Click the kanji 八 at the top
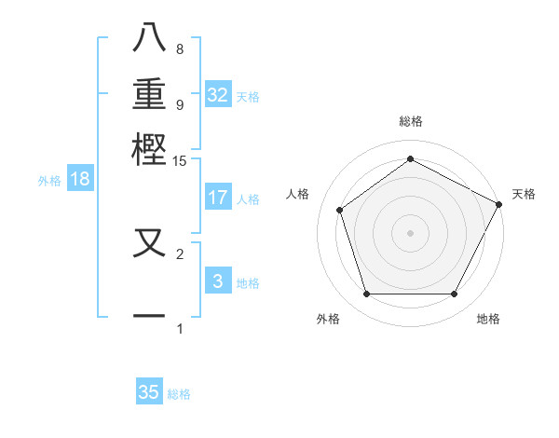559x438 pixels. [150, 38]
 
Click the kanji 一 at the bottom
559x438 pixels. [150, 315]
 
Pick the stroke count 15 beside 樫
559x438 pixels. [180, 161]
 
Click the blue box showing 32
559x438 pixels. [218, 95]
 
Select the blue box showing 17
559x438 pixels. [218, 198]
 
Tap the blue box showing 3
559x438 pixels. [218, 281]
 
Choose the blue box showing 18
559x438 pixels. [80, 180]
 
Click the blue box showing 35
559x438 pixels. [149, 392]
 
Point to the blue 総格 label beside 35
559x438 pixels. [179, 394]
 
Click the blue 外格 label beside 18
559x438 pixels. [49, 181]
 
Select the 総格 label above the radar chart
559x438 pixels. [411, 121]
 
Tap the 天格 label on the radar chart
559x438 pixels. [524, 194]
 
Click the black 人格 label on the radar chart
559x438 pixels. [298, 194]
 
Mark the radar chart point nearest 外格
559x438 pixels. [366, 294]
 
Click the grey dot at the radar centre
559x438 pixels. [411, 232]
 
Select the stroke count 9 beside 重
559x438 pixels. [180, 104]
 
